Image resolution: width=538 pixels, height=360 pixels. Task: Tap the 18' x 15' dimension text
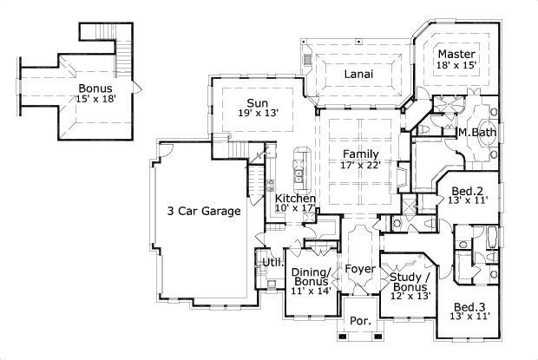coord(456,66)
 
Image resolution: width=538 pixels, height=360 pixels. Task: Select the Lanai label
coord(358,74)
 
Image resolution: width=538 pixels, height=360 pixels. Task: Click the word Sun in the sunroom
coord(256,101)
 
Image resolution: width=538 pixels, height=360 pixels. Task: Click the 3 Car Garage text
coord(203,210)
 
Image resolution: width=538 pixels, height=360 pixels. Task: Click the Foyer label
coord(360,269)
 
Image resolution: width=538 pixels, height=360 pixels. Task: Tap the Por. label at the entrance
coord(360,321)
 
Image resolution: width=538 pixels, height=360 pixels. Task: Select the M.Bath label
coord(475,133)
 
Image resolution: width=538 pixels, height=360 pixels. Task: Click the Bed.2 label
coord(468,191)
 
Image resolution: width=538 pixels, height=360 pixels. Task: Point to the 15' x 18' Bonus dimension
coord(95,99)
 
